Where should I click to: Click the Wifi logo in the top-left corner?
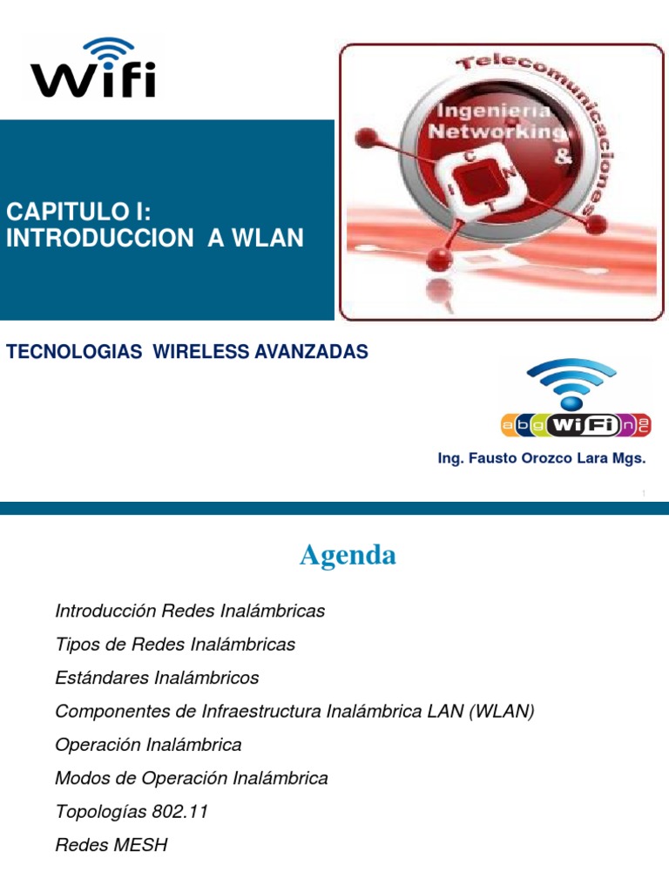tap(93, 68)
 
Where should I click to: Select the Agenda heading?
tap(348, 555)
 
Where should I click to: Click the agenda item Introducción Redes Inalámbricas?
tap(190, 611)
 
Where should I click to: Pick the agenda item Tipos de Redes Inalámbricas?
tap(175, 645)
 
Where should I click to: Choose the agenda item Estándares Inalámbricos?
tap(157, 678)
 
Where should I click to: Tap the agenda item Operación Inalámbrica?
tap(148, 745)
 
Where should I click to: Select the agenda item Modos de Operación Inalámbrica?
tap(192, 778)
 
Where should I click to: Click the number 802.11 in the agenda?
tap(179, 812)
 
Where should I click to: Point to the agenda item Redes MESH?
tap(111, 845)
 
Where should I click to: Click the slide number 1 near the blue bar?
tap(643, 494)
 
